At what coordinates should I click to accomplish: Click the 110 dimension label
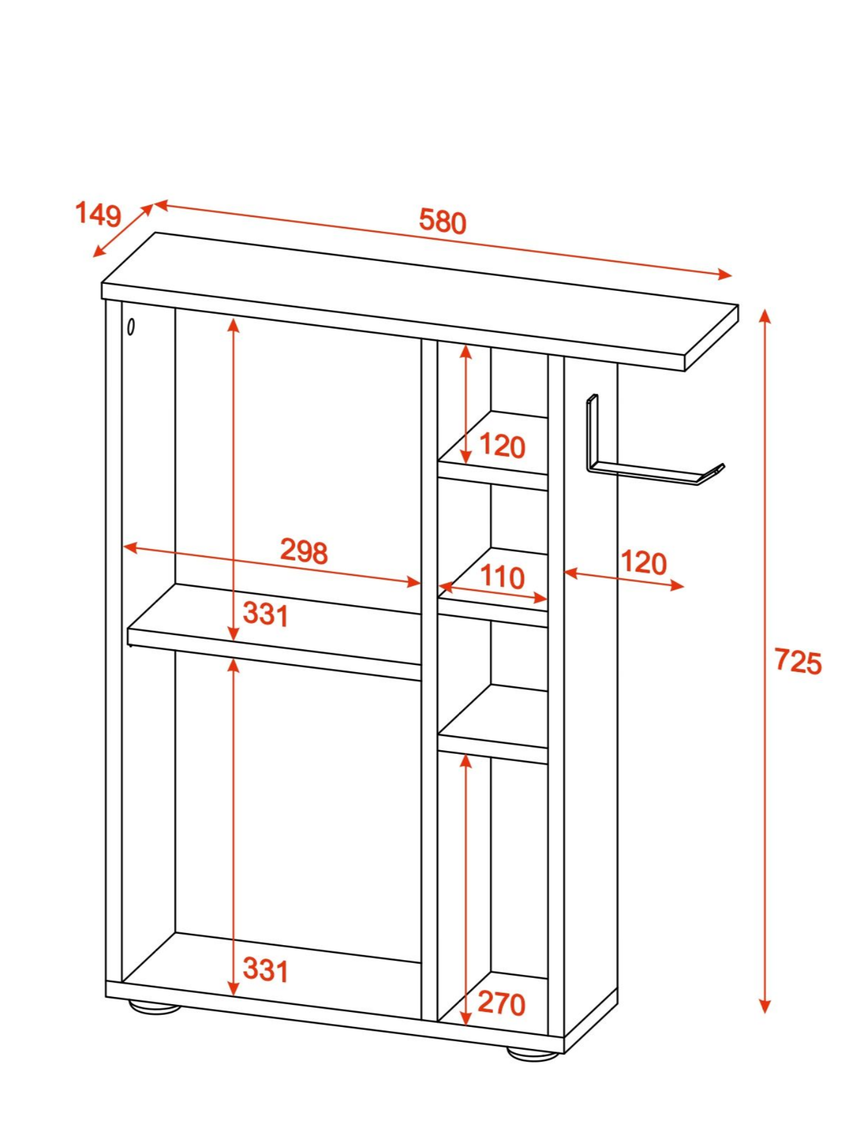502,577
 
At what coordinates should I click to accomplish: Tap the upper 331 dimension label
266,614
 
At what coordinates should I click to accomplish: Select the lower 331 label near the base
266,970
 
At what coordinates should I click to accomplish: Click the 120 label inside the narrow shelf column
502,446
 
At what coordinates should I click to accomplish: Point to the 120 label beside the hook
644,563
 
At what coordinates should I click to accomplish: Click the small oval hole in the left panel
131,327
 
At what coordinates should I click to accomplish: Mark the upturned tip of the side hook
721,467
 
